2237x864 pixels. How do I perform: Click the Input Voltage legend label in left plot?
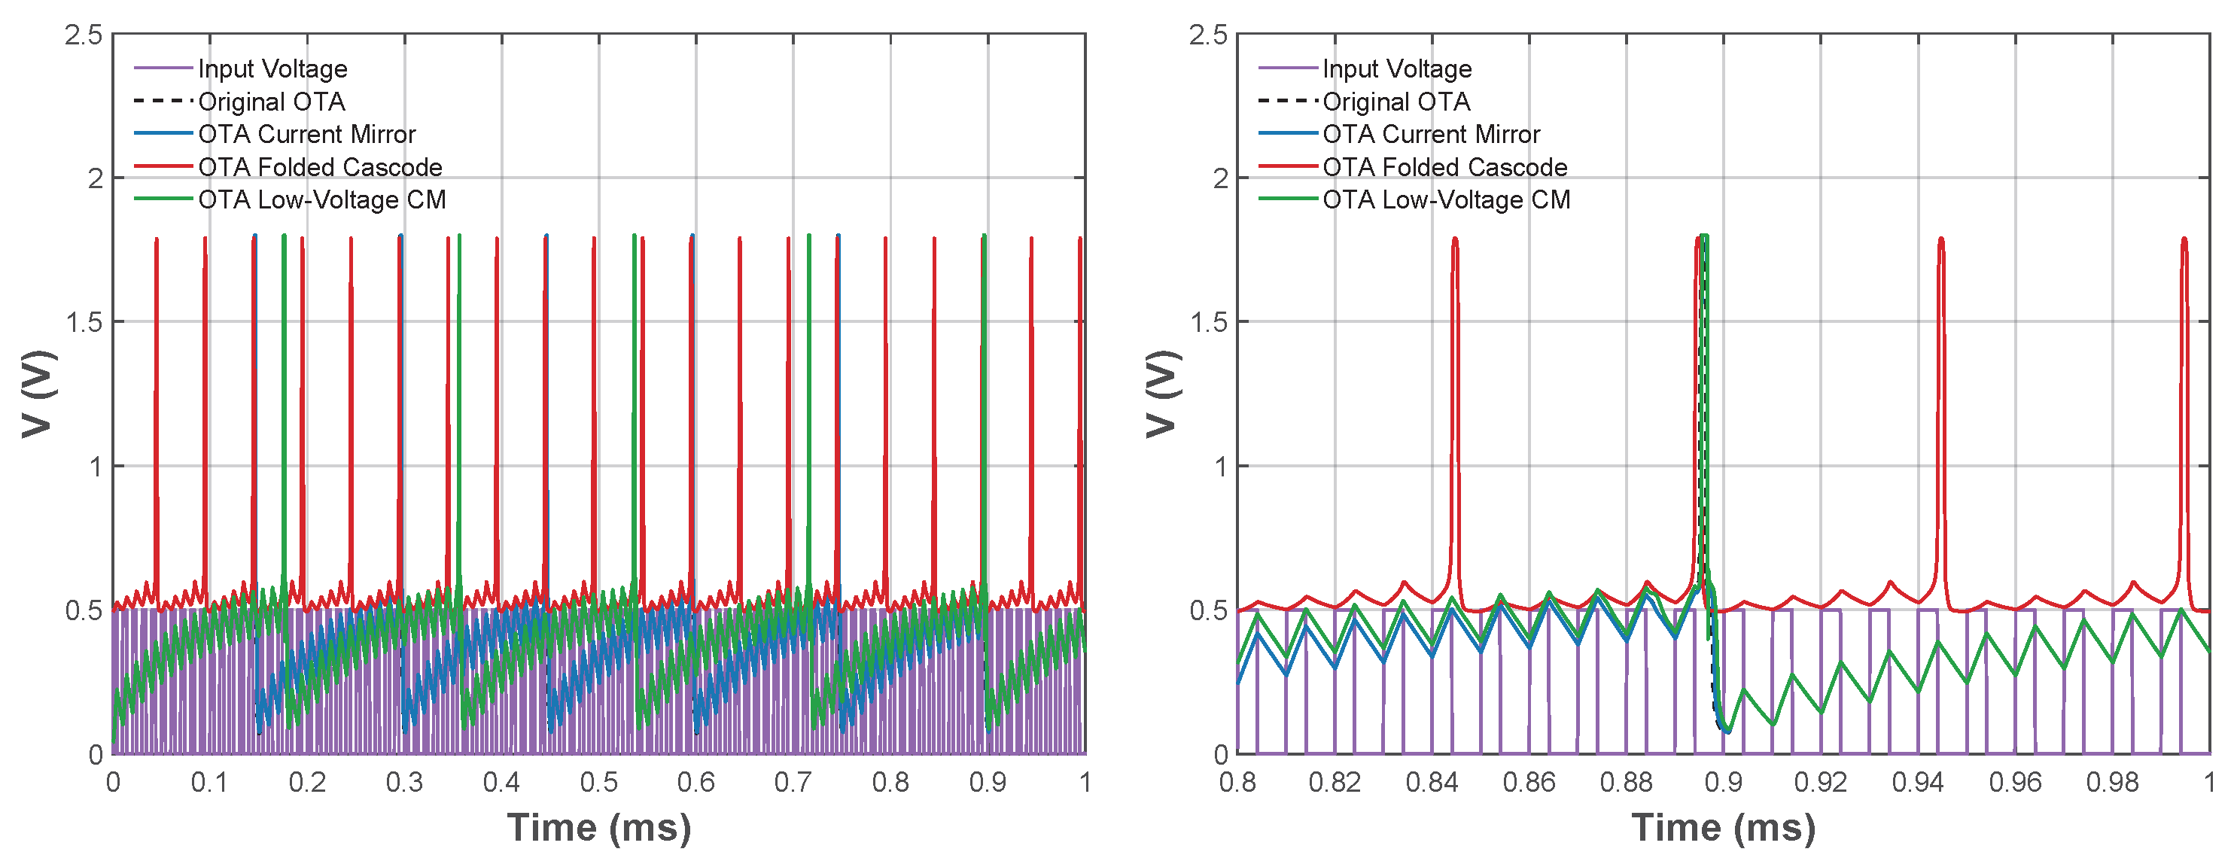[272, 68]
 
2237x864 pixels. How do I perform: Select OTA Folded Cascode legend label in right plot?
[1445, 167]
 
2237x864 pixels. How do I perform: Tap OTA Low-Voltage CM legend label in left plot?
[321, 199]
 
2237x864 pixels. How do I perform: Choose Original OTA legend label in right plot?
[1396, 102]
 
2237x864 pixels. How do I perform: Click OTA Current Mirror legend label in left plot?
[306, 135]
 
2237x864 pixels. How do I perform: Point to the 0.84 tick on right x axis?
[1432, 783]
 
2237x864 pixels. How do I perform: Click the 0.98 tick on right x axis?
[2112, 783]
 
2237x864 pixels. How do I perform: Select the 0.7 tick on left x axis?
[793, 783]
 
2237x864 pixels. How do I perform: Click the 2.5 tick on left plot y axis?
[84, 35]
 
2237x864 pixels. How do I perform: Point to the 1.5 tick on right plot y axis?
[1209, 322]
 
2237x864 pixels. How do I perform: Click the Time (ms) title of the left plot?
[599, 828]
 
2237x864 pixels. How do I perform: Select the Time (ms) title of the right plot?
[1724, 828]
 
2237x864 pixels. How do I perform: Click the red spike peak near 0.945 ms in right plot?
[1941, 239]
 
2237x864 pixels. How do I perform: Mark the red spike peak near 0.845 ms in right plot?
[1454, 239]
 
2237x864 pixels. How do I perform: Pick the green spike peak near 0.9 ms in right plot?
[1704, 236]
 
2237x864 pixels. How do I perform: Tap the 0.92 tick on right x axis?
[1820, 783]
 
